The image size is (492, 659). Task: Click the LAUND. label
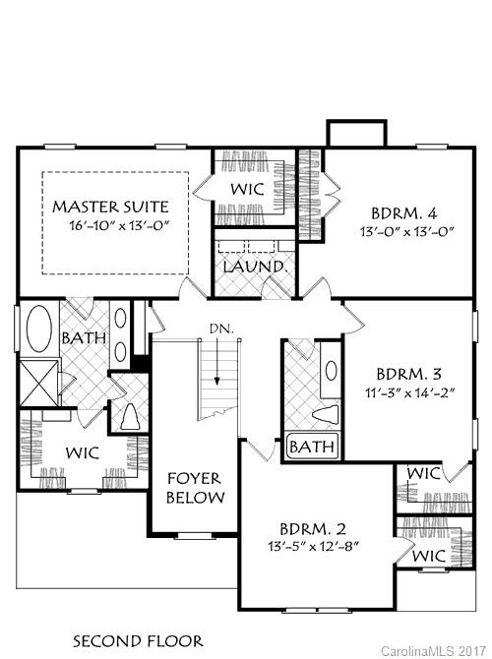pos(254,267)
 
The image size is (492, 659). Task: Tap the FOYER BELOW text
pos(193,488)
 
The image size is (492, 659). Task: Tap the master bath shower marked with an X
pos(37,381)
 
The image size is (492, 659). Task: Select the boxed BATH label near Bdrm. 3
pos(312,449)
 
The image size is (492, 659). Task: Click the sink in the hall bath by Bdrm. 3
pos(332,372)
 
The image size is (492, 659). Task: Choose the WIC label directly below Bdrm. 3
pos(423,474)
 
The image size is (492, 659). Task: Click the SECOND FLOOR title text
pos(138,640)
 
